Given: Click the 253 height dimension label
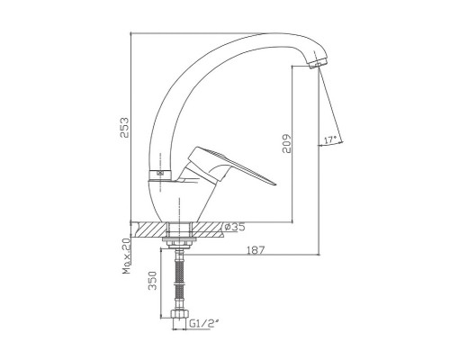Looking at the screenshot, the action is (x=124, y=128).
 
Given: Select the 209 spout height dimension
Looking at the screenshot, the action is (x=287, y=143).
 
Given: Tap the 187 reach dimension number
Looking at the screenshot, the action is (x=256, y=249).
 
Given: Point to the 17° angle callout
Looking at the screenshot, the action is (x=330, y=139).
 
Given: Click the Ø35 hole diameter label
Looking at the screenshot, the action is (x=235, y=227).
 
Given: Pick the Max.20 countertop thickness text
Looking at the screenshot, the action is (x=126, y=256).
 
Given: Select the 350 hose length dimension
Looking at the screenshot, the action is (x=153, y=281).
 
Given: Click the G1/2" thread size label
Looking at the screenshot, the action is (x=204, y=323).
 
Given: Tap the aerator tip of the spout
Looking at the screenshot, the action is (x=318, y=64).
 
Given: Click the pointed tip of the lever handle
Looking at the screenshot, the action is (x=274, y=184).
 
